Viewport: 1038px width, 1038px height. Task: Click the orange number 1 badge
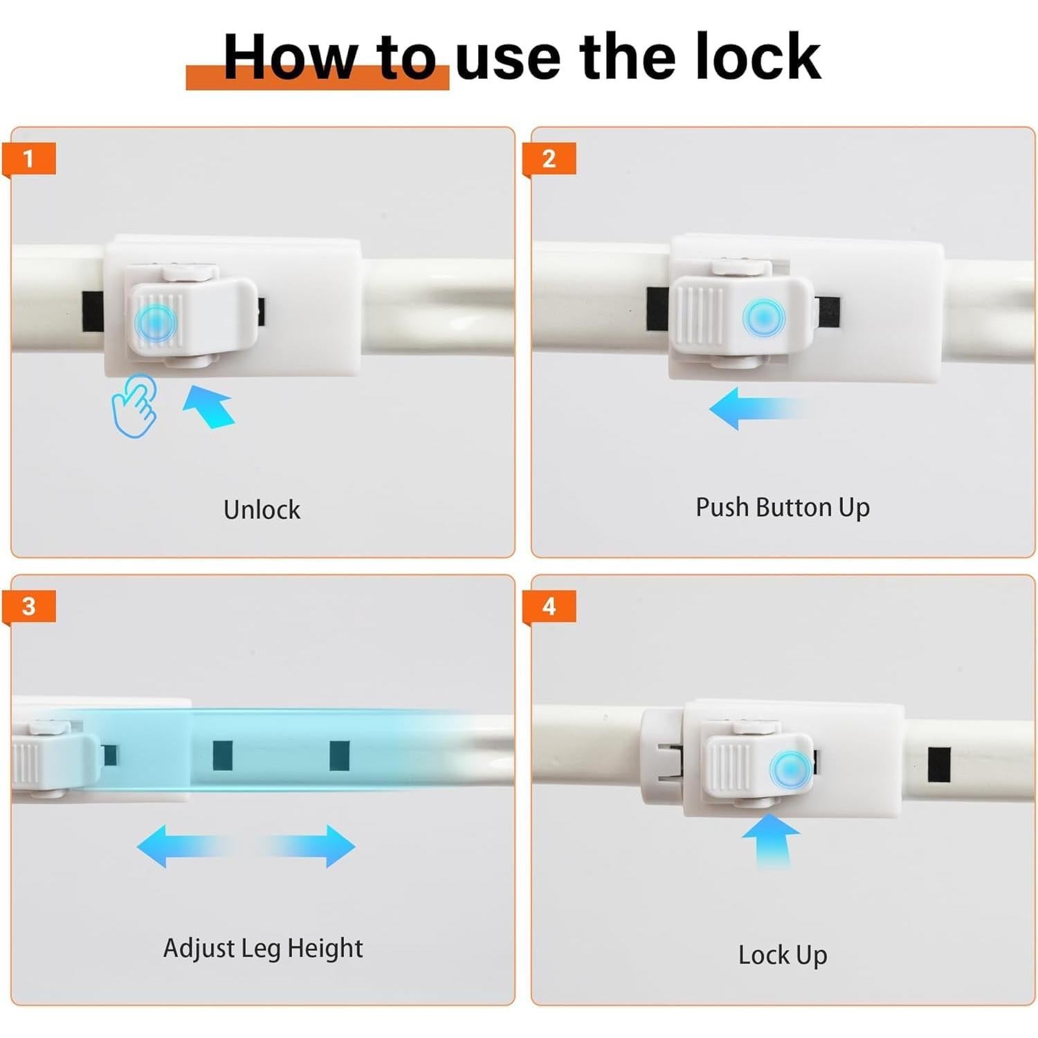(x=28, y=160)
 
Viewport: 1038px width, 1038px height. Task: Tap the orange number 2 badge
(x=549, y=160)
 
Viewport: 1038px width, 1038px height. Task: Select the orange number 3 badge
(x=28, y=607)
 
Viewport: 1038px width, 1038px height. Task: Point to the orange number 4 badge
(x=549, y=607)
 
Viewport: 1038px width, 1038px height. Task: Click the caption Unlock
(x=262, y=510)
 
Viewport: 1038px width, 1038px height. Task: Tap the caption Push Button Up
(x=783, y=508)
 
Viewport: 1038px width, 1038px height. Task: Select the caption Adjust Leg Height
(x=263, y=949)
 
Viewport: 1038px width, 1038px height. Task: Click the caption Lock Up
(x=783, y=956)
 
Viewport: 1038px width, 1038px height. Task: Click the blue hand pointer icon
(x=134, y=406)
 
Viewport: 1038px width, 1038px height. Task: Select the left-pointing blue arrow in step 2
(x=758, y=408)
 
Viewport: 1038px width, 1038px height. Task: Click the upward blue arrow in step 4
(x=771, y=840)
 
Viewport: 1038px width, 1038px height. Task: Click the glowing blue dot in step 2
(x=763, y=318)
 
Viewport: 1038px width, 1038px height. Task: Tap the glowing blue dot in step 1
(x=156, y=320)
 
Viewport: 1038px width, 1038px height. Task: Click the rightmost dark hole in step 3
(x=339, y=755)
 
